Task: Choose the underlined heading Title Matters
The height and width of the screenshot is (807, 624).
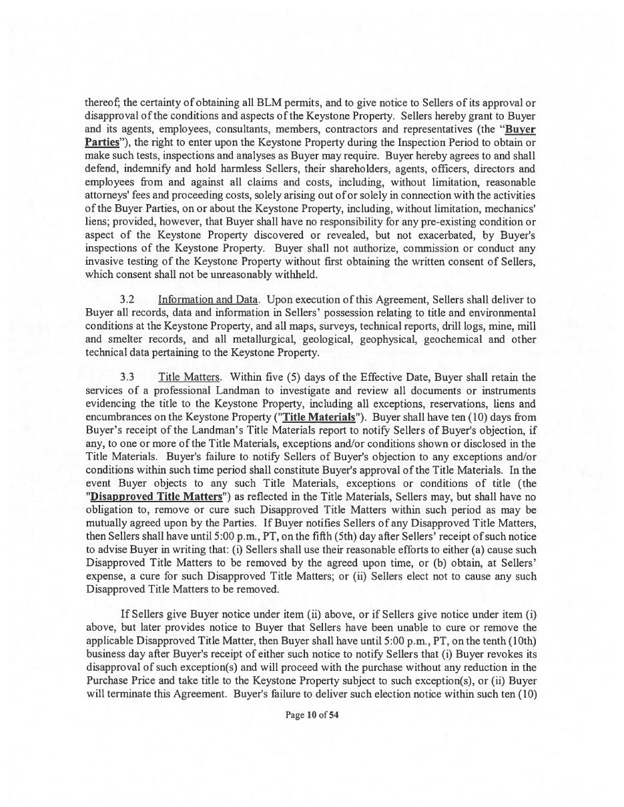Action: coord(189,377)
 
